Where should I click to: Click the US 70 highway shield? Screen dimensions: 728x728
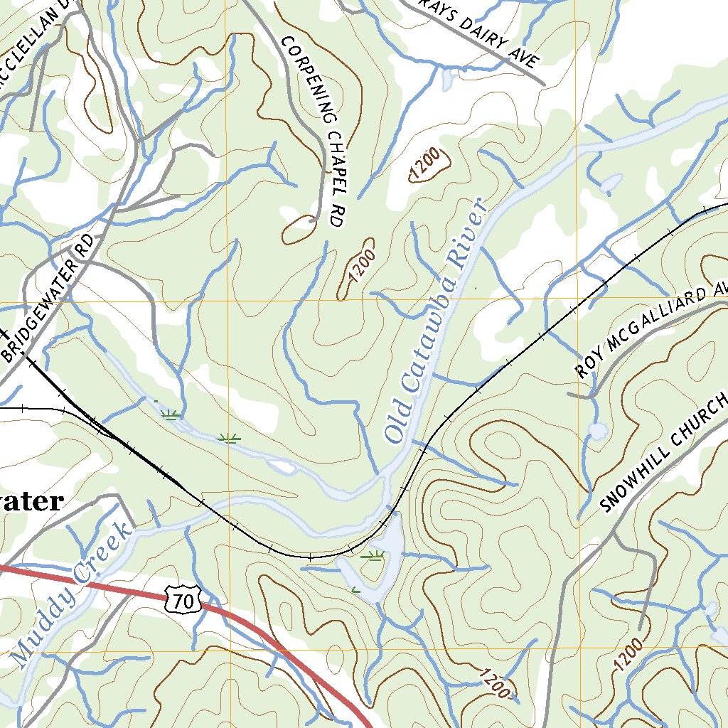pos(182,600)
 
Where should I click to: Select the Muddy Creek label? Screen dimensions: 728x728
pos(71,594)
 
